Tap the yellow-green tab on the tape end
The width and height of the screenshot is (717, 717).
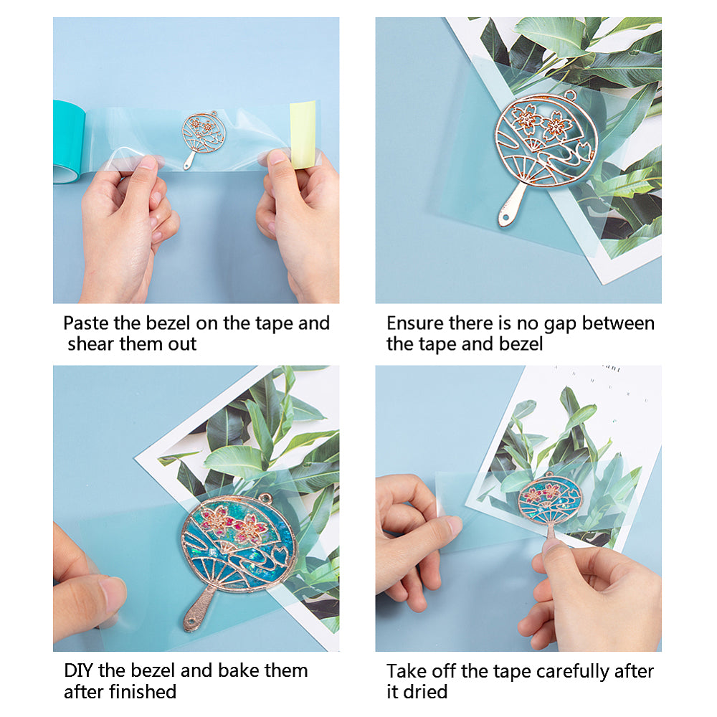point(303,135)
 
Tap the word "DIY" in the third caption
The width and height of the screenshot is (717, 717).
point(79,671)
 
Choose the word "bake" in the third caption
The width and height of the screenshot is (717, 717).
point(238,671)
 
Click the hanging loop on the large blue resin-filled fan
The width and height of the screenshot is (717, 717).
point(265,498)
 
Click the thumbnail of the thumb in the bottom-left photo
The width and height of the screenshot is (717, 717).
point(114,594)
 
